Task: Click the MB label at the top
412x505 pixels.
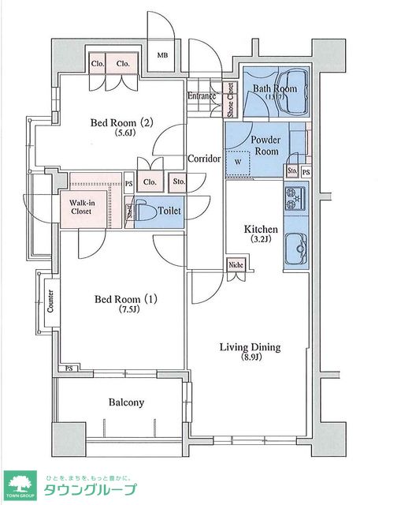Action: click(162, 55)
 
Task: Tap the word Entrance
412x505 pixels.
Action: click(202, 96)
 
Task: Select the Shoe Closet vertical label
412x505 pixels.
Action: click(231, 99)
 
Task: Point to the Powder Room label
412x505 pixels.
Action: click(265, 144)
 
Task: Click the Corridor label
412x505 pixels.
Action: click(203, 159)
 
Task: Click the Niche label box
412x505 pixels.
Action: click(236, 265)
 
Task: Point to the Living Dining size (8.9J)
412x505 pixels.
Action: click(249, 359)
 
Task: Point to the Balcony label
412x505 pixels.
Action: click(126, 402)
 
